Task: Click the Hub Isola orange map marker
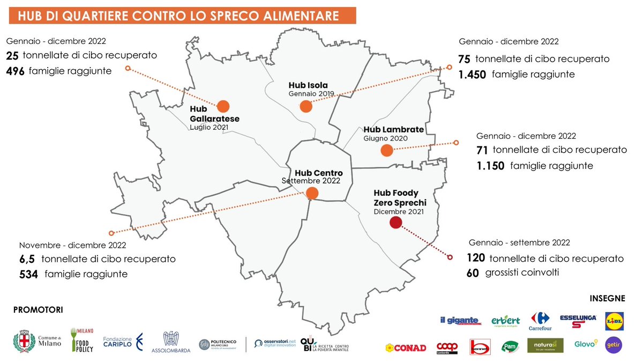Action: click(x=306, y=106)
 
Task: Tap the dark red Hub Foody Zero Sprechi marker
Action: click(x=396, y=223)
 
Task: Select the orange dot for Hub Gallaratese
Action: click(x=222, y=106)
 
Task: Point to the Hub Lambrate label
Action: click(x=393, y=130)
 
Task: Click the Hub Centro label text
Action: click(x=318, y=173)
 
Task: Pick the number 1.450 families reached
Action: click(x=472, y=75)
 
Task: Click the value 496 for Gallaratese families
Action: click(x=16, y=71)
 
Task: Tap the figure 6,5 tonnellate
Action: click(x=27, y=259)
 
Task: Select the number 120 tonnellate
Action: click(x=476, y=258)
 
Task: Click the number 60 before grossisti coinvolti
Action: click(x=472, y=273)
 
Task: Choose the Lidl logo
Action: click(x=614, y=321)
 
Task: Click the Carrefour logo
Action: click(x=540, y=321)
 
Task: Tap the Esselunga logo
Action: click(x=578, y=321)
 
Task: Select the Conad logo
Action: click(x=406, y=348)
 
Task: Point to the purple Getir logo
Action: click(x=614, y=345)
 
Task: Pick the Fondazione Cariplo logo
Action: click(x=123, y=341)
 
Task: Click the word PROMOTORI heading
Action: click(x=38, y=310)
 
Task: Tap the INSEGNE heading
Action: click(x=607, y=298)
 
